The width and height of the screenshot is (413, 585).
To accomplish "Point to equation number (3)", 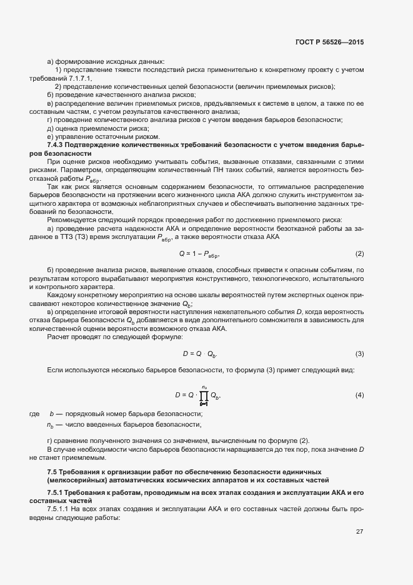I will pyautogui.click(x=359, y=354).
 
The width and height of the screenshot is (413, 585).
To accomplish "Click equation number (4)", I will pyautogui.click(x=359, y=395).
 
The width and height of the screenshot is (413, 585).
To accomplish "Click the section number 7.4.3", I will pyautogui.click(x=58, y=145).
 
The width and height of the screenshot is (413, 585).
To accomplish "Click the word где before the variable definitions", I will pyautogui.click(x=34, y=414).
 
